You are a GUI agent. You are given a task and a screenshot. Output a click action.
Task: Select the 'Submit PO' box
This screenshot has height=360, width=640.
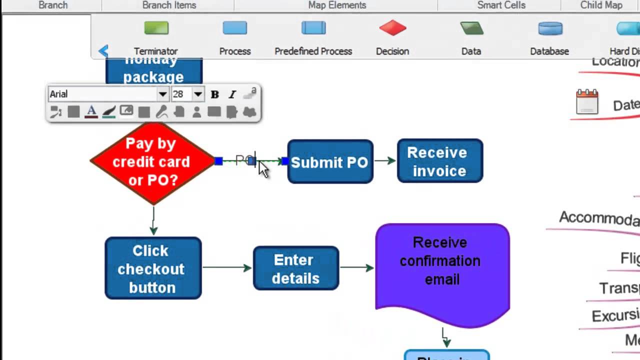[x=330, y=162]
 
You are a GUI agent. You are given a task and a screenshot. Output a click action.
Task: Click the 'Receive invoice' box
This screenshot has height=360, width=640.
[x=440, y=161]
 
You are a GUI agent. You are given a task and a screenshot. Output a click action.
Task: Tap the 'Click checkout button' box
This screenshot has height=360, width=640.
[x=153, y=268]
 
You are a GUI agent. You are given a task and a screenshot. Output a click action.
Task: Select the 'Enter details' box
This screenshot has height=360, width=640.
[x=296, y=268]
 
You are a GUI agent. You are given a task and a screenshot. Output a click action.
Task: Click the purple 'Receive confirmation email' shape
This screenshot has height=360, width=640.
[x=442, y=270]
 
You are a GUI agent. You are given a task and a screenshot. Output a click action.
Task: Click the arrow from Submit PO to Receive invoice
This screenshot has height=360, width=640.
[x=385, y=160]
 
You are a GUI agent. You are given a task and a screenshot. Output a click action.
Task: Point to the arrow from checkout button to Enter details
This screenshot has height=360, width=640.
[x=227, y=267]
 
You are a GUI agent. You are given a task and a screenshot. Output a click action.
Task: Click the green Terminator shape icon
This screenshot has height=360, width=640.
[x=156, y=28]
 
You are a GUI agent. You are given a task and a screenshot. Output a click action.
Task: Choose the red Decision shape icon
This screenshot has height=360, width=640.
[x=392, y=28]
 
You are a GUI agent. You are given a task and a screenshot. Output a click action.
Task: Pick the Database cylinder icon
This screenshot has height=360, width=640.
[x=550, y=28]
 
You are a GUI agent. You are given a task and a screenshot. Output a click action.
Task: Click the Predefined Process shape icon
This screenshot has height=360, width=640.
[x=313, y=28]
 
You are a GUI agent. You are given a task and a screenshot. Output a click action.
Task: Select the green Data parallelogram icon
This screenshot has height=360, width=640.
[x=471, y=28]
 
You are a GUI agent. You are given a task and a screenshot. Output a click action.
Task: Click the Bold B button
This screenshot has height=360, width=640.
[x=215, y=94]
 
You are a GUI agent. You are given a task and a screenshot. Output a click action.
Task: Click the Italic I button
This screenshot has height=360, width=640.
[x=232, y=94]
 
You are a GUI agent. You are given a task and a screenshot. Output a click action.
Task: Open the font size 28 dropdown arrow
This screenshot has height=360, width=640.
[x=198, y=94]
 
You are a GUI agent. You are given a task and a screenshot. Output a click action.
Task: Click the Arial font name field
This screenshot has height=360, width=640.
[x=102, y=94]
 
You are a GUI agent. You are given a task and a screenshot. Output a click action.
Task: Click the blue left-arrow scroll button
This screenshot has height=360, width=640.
[x=103, y=51]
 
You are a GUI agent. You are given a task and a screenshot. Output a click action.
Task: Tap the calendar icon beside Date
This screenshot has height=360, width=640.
[x=587, y=102]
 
